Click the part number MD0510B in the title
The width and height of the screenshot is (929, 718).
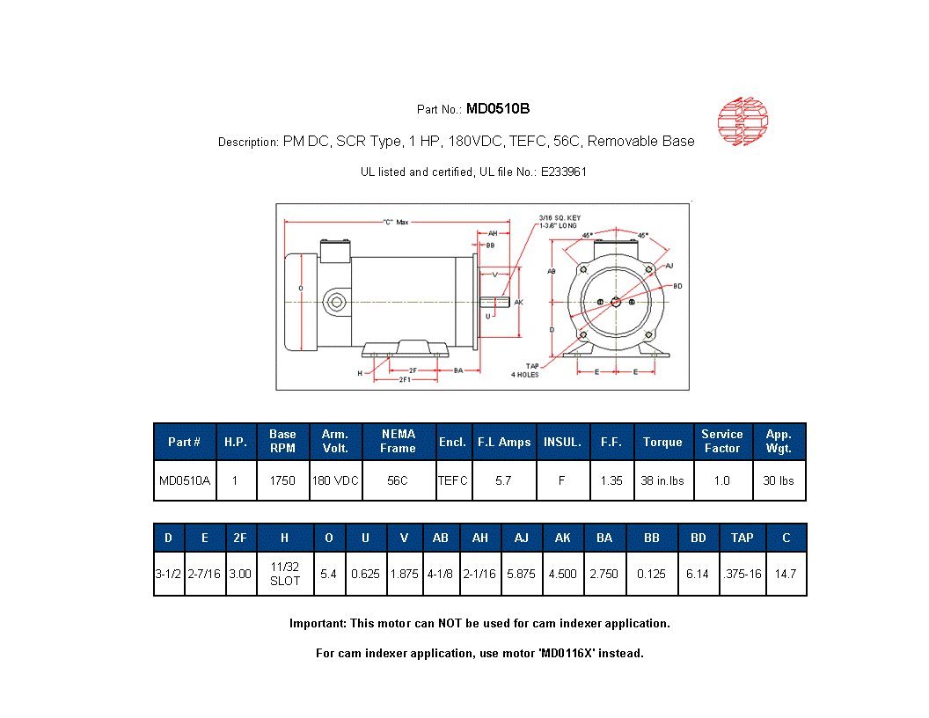(497, 109)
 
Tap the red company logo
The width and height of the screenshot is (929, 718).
(742, 121)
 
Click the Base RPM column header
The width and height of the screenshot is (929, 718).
(282, 441)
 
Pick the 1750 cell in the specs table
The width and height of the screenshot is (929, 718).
(282, 481)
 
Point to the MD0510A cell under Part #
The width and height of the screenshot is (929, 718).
(185, 481)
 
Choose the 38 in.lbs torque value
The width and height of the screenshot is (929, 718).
(662, 481)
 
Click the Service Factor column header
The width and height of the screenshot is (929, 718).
(721, 441)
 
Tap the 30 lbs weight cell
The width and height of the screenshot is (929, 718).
(779, 481)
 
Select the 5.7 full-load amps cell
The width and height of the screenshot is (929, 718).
(503, 481)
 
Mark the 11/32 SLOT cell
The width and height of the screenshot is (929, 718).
(285, 574)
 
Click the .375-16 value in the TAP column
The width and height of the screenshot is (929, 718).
(742, 574)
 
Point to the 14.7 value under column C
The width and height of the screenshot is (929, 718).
(786, 574)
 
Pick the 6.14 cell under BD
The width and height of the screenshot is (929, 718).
(698, 574)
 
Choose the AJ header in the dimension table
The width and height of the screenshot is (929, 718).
(522, 538)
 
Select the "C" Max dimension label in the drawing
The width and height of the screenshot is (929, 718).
(395, 223)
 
